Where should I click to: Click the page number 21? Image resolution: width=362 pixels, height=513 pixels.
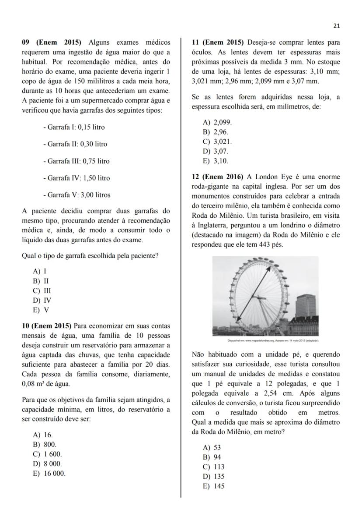tap(336, 26)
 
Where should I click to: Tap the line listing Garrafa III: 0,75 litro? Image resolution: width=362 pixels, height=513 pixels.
tap(76, 161)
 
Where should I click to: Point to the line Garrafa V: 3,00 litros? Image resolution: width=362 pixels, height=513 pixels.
tap(77, 195)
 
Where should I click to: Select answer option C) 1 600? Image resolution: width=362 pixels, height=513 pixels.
tap(48, 454)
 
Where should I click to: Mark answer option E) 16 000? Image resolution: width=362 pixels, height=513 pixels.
tap(49, 474)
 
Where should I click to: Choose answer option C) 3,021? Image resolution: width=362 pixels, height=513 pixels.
tap(217, 142)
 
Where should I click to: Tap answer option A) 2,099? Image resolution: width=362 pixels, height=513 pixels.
tap(217, 122)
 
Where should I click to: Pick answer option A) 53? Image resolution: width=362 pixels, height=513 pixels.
tap(212, 448)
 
